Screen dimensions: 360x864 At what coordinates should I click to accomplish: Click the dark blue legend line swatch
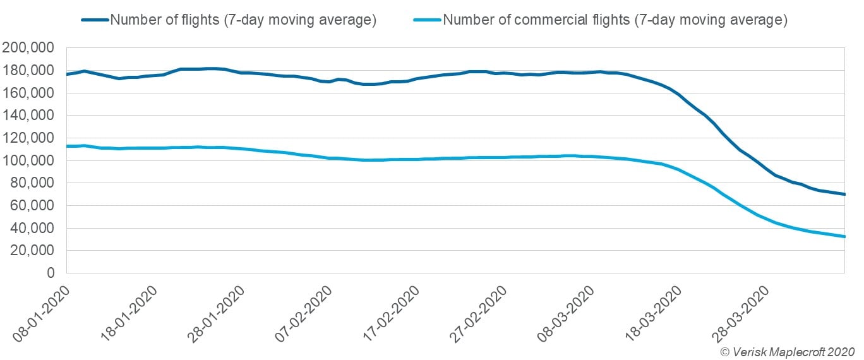[95, 20]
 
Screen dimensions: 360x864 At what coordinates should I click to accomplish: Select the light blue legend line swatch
[427, 20]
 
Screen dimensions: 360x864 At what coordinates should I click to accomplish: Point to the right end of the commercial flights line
[844, 237]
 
